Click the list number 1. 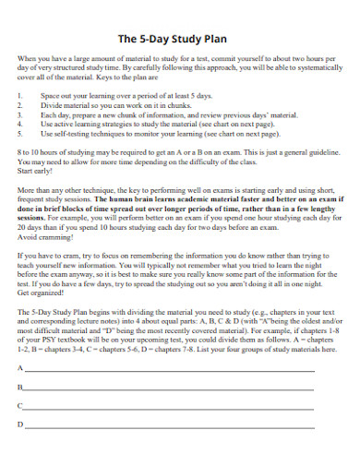tap(20, 94)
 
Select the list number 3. tap(20, 114)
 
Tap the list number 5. tap(20, 134)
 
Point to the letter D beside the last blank tap(19, 424)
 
